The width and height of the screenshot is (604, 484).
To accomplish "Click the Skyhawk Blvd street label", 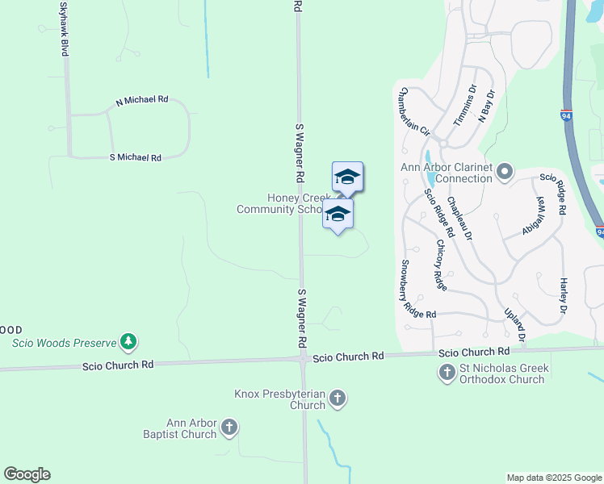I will (x=64, y=27).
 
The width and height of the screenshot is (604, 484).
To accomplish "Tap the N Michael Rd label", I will (x=141, y=101).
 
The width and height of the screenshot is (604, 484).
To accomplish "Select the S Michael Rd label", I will (x=136, y=157).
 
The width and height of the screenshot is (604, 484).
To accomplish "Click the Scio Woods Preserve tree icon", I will (x=128, y=342).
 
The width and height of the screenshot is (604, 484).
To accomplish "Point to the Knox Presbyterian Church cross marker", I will (x=338, y=398).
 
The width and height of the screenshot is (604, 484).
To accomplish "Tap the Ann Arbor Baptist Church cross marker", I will (x=229, y=427).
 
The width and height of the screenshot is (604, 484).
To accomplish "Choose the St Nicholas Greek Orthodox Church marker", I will (x=447, y=372).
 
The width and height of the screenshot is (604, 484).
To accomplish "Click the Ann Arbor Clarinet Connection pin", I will (x=505, y=171).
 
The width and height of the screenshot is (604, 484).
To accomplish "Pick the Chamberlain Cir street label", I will (x=411, y=112).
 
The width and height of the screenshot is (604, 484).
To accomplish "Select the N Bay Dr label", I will (x=486, y=106).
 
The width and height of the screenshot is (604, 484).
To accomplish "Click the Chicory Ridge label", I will (x=442, y=265).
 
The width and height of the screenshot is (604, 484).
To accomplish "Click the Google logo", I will (x=27, y=474).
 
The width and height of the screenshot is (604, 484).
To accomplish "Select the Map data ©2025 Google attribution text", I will (x=554, y=478).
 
